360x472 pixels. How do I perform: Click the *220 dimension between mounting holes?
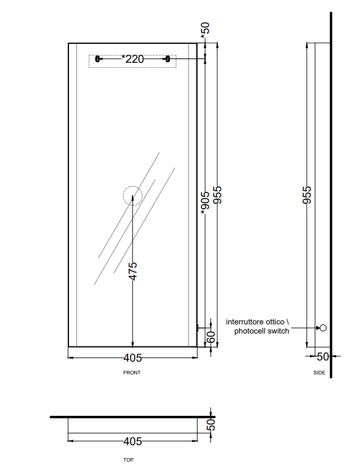point(132,59)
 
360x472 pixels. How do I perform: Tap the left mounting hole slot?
point(97,59)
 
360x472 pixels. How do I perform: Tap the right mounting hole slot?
point(168,59)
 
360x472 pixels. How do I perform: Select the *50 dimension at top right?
point(205,30)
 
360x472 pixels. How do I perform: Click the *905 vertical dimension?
point(205,203)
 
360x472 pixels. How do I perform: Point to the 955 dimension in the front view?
point(217,195)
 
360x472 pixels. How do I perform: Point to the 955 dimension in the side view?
point(307,195)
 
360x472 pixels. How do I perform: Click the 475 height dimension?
point(132,271)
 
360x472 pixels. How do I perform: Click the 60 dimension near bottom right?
point(211,337)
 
